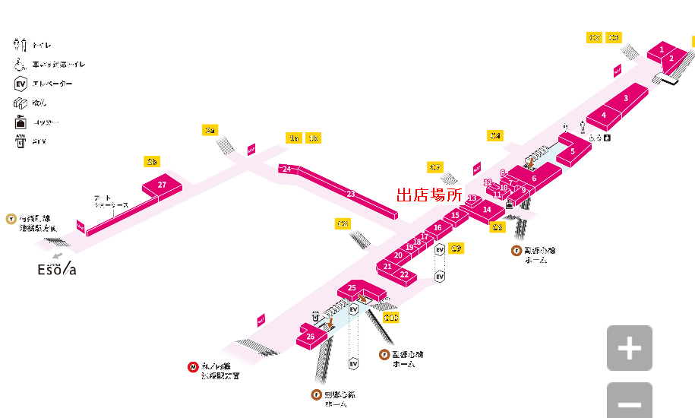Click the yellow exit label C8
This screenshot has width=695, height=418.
[x=343, y=224]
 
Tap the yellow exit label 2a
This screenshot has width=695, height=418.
[x=210, y=131]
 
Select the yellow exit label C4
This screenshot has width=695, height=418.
[x=495, y=136]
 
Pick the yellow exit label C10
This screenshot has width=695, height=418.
[x=390, y=318]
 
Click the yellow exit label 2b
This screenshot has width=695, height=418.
[x=152, y=162]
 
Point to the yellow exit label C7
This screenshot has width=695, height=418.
[x=435, y=167]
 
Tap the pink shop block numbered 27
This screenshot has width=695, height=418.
[x=162, y=185]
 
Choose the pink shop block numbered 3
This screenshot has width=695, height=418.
[x=625, y=97]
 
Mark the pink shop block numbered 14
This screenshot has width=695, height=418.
[x=487, y=209]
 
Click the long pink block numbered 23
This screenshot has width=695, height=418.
[x=350, y=194]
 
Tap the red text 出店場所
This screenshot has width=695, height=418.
[x=429, y=195]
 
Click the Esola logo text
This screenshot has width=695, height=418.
[x=57, y=269]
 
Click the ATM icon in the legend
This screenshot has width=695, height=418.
[x=21, y=141]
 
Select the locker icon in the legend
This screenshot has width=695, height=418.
[x=21, y=122]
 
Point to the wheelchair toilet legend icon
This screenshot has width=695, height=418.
[x=21, y=65]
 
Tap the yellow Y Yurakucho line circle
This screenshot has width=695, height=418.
[x=11, y=218]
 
